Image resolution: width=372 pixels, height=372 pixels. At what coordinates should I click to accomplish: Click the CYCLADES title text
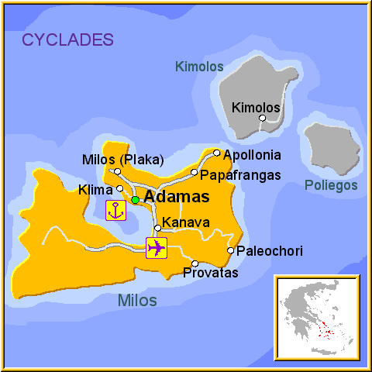click(68, 40)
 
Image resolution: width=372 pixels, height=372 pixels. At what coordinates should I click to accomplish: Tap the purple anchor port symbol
click(115, 210)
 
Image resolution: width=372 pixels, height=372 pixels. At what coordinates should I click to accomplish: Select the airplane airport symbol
click(157, 248)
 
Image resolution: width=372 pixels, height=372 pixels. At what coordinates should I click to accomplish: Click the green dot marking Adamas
click(135, 200)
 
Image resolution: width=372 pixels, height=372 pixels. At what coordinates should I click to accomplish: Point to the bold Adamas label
click(177, 197)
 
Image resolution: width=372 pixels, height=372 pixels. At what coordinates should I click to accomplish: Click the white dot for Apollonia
click(217, 153)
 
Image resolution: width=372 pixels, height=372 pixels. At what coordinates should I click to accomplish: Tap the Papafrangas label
click(240, 175)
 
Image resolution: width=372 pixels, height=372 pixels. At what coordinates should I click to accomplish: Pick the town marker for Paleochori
click(230, 250)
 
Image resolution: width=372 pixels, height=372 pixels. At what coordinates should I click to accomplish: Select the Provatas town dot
click(195, 263)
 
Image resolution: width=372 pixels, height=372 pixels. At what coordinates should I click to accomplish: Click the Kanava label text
click(185, 222)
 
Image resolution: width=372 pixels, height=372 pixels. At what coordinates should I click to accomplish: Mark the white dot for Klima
click(119, 188)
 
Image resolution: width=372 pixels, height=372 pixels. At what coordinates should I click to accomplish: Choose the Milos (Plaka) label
click(122, 160)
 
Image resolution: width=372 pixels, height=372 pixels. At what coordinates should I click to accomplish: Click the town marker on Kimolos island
click(263, 119)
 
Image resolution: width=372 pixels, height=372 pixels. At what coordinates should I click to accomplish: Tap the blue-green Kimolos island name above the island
click(199, 67)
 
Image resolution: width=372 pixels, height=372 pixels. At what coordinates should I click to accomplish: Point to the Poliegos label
click(331, 185)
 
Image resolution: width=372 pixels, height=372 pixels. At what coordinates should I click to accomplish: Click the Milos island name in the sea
click(136, 301)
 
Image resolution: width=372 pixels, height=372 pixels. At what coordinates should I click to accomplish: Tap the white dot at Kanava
click(157, 228)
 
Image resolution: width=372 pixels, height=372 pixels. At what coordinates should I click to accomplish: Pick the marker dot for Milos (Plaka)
click(117, 171)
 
